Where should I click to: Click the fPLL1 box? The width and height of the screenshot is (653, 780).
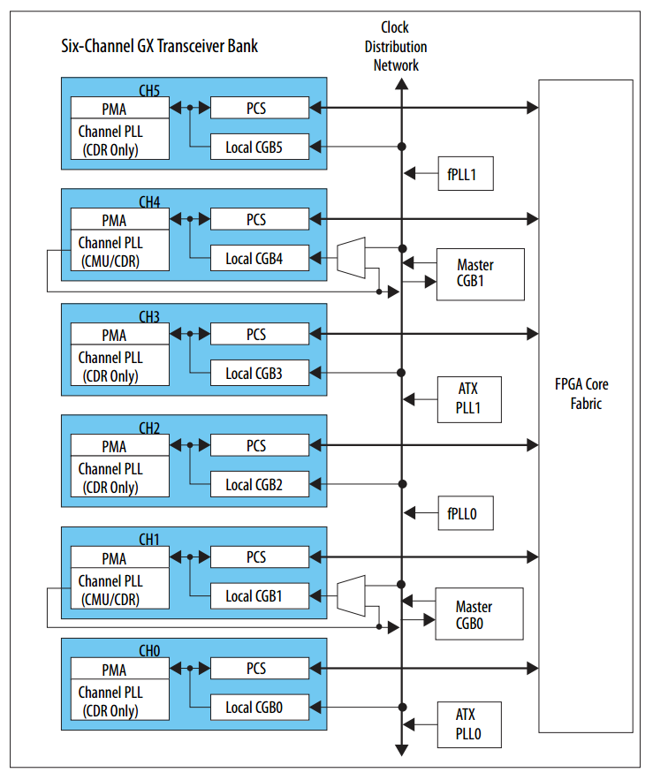pos(465,174)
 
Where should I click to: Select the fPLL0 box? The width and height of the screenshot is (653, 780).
pos(465,512)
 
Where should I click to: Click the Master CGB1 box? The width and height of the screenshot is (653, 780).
pos(480,274)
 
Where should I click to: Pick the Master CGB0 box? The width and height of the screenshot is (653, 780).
pos(478,615)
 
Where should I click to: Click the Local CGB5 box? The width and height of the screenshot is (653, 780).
pos(259,147)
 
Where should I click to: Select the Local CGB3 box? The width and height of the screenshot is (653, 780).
pos(259,373)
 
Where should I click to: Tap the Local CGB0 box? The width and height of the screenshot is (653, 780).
pos(259,707)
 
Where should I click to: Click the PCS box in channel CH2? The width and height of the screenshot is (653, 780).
pos(259,446)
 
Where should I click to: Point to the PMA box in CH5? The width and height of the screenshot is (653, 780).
pos(118,109)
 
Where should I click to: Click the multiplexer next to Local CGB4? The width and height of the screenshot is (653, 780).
pos(351,258)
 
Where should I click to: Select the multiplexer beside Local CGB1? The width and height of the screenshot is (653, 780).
pos(351,596)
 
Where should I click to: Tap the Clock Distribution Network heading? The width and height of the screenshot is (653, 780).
pos(400,46)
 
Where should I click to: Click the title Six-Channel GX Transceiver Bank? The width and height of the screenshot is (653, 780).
pos(159,45)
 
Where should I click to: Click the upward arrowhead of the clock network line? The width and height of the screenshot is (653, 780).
pos(401,84)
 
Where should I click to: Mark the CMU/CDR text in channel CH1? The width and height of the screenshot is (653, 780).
pos(110,600)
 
